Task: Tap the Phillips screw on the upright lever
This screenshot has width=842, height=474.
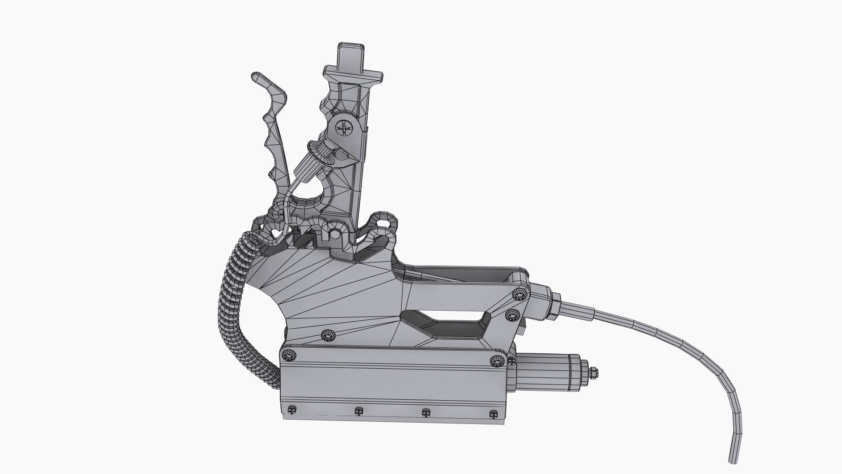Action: tap(343, 129)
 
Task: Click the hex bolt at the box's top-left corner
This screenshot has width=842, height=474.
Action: tap(289, 354)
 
